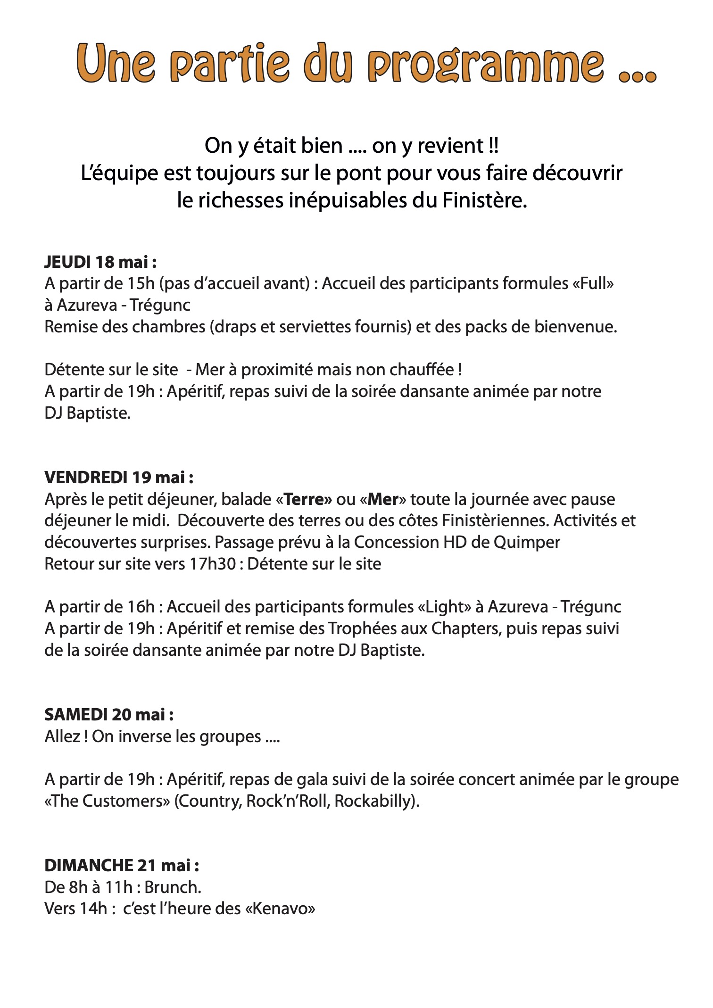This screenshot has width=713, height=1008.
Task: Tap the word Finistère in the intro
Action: click(x=484, y=201)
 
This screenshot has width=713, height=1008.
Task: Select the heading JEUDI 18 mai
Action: click(x=100, y=262)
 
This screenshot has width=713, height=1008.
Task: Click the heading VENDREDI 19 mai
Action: click(x=119, y=478)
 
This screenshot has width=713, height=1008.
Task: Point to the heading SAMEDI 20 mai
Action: click(x=109, y=715)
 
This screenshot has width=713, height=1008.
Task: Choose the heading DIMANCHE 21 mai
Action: click(x=122, y=866)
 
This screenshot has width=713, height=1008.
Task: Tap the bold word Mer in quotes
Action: click(x=383, y=499)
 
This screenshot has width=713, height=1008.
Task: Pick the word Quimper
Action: click(x=527, y=542)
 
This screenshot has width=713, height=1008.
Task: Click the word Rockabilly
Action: click(x=374, y=801)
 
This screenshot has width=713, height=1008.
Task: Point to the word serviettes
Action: click(x=319, y=327)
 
